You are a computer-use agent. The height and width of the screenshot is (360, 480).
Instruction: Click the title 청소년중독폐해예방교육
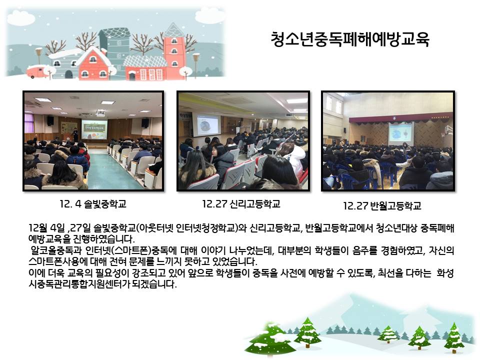[350, 39]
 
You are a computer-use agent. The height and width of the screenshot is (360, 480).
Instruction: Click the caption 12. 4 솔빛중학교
[93, 204]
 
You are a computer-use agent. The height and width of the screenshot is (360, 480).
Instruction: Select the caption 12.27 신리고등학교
[241, 204]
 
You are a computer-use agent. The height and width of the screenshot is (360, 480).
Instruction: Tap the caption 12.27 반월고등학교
[382, 205]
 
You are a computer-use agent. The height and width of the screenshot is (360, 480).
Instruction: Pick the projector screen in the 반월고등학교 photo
[400, 133]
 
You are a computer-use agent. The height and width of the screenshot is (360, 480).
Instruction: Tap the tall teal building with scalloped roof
[114, 46]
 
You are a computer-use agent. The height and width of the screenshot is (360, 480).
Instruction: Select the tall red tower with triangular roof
[174, 51]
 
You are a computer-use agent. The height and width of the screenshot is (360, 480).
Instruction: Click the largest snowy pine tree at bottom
[269, 339]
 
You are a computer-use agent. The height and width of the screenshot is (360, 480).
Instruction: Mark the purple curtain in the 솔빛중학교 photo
[29, 123]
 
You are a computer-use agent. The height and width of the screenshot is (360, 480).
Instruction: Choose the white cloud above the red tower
[209, 16]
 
